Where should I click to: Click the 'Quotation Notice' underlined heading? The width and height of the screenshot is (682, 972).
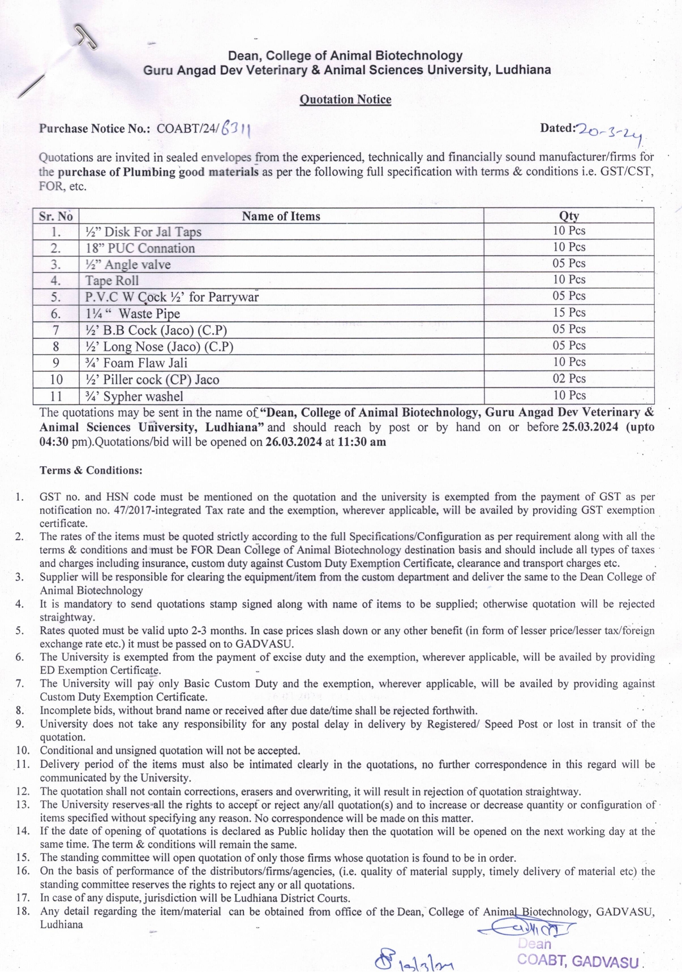click(x=345, y=100)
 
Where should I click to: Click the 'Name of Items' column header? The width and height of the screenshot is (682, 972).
click(x=281, y=216)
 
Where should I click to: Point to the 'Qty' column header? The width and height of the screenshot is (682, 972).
click(x=569, y=216)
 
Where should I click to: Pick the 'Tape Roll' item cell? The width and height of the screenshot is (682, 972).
click(x=112, y=281)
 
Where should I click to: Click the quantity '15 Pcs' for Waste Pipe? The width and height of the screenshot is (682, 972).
click(x=569, y=312)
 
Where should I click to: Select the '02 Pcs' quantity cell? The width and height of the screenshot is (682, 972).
click(x=569, y=379)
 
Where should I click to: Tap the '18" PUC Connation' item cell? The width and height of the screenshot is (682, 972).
click(x=140, y=248)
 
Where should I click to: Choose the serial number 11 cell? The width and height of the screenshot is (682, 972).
click(x=56, y=396)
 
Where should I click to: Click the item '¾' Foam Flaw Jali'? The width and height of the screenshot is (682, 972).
click(x=136, y=363)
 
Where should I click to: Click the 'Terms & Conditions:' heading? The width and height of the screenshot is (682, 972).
click(x=91, y=470)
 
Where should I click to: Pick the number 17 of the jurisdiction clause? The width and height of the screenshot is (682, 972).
click(x=23, y=897)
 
